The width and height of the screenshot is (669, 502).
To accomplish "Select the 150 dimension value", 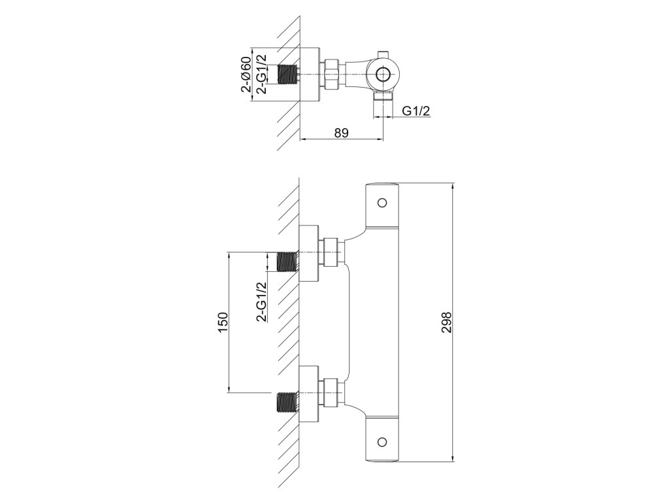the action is [x=223, y=323].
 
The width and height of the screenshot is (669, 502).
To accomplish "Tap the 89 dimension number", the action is [x=340, y=133].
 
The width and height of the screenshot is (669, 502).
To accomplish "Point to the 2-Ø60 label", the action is [x=246, y=75].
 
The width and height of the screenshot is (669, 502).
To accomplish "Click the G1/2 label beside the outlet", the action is [x=416, y=111].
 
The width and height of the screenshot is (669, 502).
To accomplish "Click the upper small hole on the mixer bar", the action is [x=383, y=201].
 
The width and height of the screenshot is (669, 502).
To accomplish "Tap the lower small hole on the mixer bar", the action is [x=383, y=443].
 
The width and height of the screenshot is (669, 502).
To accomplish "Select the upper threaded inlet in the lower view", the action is [x=287, y=261].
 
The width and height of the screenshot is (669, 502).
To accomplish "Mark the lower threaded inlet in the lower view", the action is [x=287, y=401].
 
